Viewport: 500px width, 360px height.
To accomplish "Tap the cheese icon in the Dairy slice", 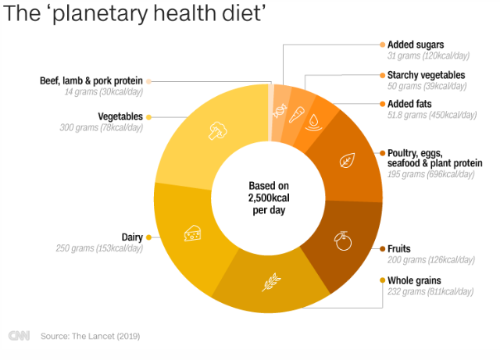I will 192,232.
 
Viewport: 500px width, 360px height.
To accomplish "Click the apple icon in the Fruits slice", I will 342,240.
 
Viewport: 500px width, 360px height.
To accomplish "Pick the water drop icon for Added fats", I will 314,121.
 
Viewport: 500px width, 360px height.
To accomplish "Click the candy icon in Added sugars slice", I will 278,111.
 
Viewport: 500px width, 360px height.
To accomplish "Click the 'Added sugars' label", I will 416,45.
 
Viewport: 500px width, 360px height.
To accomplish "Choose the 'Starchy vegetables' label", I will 426,75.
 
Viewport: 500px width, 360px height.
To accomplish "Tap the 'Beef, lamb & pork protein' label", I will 91,80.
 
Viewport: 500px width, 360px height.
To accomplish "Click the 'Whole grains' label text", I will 414,280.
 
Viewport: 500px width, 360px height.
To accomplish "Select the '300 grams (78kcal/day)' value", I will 101,127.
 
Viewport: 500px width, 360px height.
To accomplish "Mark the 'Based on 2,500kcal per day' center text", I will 269,198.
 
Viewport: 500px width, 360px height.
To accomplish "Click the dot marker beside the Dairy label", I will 148,237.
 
